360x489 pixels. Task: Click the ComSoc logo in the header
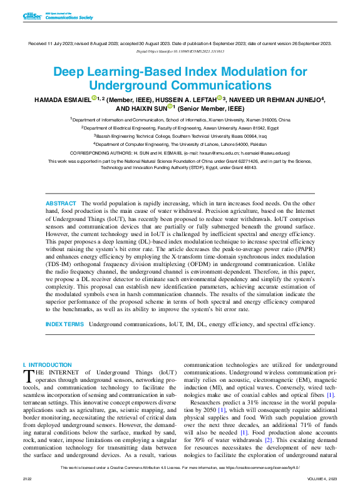(x=32, y=16)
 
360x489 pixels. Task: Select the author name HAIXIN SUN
(x=149, y=108)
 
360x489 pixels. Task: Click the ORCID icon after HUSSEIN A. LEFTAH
(x=220, y=98)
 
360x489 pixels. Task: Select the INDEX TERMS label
(x=64, y=324)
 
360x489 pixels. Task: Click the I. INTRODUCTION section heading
(x=47, y=364)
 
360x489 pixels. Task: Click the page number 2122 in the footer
(x=28, y=478)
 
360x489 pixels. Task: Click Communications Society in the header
(x=69, y=18)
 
